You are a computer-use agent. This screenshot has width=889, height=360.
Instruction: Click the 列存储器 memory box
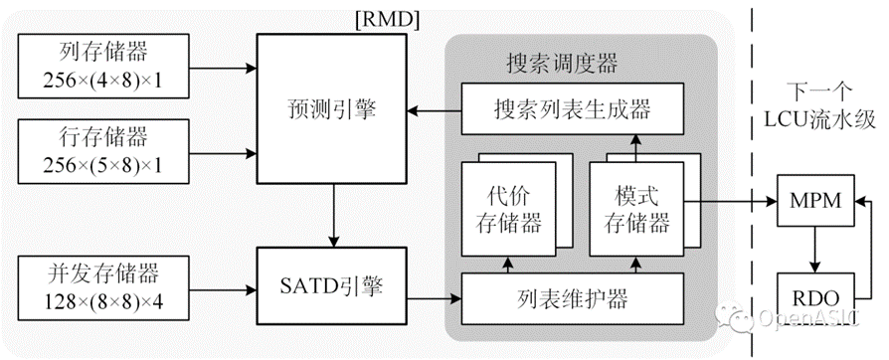pos(103,66)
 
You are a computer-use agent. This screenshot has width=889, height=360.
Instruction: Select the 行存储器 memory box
pos(103,151)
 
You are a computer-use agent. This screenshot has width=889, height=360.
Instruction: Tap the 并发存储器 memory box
pos(103,288)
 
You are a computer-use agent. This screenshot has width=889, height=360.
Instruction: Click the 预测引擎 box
pos(332,108)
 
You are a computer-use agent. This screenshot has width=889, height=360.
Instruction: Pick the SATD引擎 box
pos(332,286)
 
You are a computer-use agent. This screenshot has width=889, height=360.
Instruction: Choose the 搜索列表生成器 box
pos(573,108)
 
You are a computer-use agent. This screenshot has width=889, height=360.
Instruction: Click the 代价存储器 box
pos(508,209)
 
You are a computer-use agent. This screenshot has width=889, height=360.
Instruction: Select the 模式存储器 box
pos(636,209)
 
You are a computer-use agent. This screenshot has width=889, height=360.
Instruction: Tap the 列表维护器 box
pos(573,298)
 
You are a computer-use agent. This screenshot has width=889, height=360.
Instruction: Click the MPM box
pos(814,201)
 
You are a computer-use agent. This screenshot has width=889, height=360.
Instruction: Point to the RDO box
pos(814,297)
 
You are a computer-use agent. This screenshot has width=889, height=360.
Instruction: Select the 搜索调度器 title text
pos(561,64)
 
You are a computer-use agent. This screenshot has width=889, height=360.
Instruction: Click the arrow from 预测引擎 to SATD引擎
pos(333,216)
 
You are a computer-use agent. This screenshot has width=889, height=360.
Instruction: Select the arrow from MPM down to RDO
pos(814,250)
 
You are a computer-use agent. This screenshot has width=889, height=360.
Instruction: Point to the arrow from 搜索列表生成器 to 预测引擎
pos(435,111)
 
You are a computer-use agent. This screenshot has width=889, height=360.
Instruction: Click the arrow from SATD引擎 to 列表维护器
pos(435,298)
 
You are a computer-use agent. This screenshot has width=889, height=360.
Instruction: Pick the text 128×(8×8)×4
pos(103,300)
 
